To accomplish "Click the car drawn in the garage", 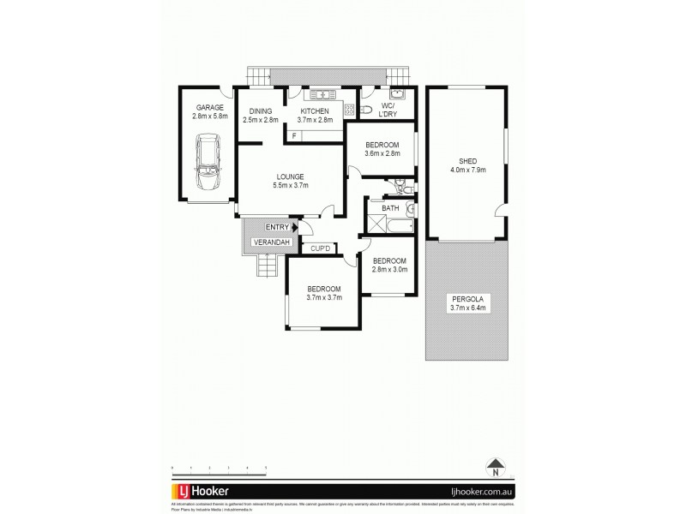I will pos(208,164).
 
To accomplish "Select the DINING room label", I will pos(260,111).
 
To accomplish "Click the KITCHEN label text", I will pos(315,111).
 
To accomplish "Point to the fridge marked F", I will pos(294,136).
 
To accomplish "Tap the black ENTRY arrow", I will pos(295,227).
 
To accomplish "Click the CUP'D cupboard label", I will pos(321,248).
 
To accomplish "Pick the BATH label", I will pos(390,208).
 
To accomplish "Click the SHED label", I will pos(468,160).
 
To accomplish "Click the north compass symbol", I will pos(495,468).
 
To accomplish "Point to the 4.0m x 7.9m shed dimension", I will pos(468,170).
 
